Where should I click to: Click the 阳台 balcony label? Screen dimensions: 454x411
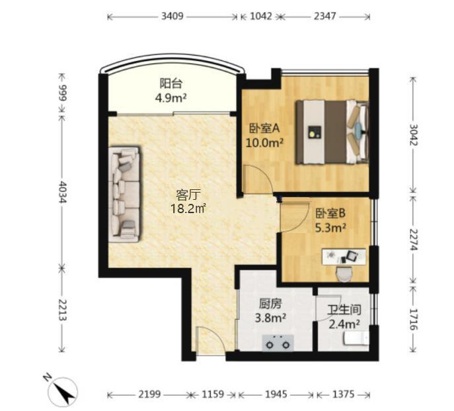(171, 83)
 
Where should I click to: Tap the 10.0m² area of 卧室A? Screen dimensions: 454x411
(264, 143)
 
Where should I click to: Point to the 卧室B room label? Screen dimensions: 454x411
(330, 214)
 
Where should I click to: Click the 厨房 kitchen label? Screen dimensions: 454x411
(270, 304)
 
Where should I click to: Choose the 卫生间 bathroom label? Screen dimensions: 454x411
(344, 310)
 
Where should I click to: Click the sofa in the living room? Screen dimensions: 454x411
(125, 194)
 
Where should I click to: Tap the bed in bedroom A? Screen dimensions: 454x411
(332, 132)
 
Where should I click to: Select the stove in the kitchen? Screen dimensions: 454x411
(278, 343)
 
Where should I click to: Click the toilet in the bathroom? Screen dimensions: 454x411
(356, 339)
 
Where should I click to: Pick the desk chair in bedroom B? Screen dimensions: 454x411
(344, 274)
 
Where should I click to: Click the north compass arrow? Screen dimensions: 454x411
(63, 391)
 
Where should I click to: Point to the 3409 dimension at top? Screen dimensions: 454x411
(172, 16)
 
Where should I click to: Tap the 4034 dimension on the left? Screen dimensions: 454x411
(62, 192)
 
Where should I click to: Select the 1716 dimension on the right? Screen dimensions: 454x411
(412, 320)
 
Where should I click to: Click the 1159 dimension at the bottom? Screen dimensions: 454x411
(213, 394)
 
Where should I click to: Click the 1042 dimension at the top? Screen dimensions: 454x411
(261, 16)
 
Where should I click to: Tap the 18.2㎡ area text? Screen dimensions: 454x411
(188, 208)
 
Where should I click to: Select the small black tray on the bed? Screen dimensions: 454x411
(315, 132)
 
